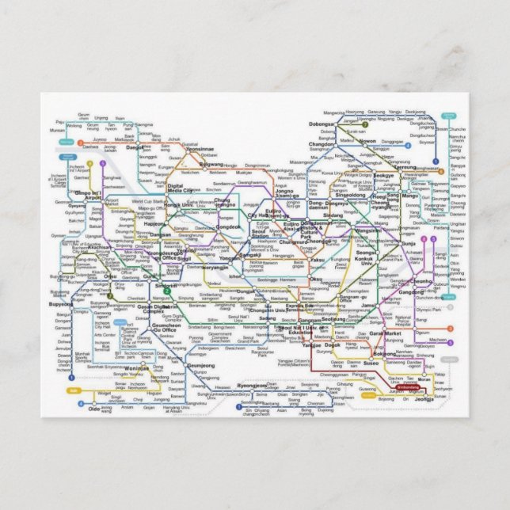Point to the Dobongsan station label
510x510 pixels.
click(322, 124)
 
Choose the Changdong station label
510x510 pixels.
click(322, 145)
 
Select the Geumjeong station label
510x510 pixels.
click(202, 366)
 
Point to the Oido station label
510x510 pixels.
click(94, 409)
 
